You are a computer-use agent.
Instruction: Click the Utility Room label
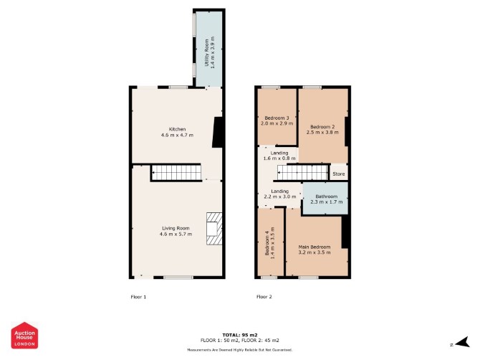pyautogui.click(x=206, y=52)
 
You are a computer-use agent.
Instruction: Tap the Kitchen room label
pyautogui.click(x=177, y=129)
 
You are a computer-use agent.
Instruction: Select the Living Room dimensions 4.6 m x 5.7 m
pyautogui.click(x=176, y=234)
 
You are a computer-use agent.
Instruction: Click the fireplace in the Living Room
pyautogui.click(x=214, y=229)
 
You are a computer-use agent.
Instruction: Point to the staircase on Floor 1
pyautogui.click(x=177, y=173)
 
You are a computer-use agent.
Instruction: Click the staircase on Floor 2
pyautogui.click(x=302, y=173)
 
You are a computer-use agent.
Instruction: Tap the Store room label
pyautogui.click(x=339, y=174)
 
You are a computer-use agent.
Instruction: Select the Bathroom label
pyautogui.click(x=326, y=196)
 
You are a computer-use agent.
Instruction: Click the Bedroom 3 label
pyautogui.click(x=277, y=118)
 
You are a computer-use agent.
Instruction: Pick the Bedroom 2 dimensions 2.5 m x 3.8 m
pyautogui.click(x=322, y=133)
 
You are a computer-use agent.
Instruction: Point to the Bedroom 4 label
pyautogui.click(x=267, y=243)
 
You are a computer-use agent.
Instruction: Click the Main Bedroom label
pyautogui.click(x=315, y=247)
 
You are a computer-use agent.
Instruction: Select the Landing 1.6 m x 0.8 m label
pyautogui.click(x=279, y=156)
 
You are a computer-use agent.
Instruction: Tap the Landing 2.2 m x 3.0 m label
pyautogui.click(x=280, y=194)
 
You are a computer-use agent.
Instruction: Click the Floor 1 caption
pyautogui.click(x=138, y=297)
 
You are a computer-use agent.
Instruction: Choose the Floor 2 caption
pyautogui.click(x=264, y=297)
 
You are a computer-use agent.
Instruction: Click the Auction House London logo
pyautogui.click(x=24, y=335)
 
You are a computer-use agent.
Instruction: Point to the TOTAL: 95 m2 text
pyautogui.click(x=240, y=335)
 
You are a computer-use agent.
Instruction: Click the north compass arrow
pyautogui.click(x=462, y=342)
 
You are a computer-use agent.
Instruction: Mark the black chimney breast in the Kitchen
pyautogui.click(x=218, y=133)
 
